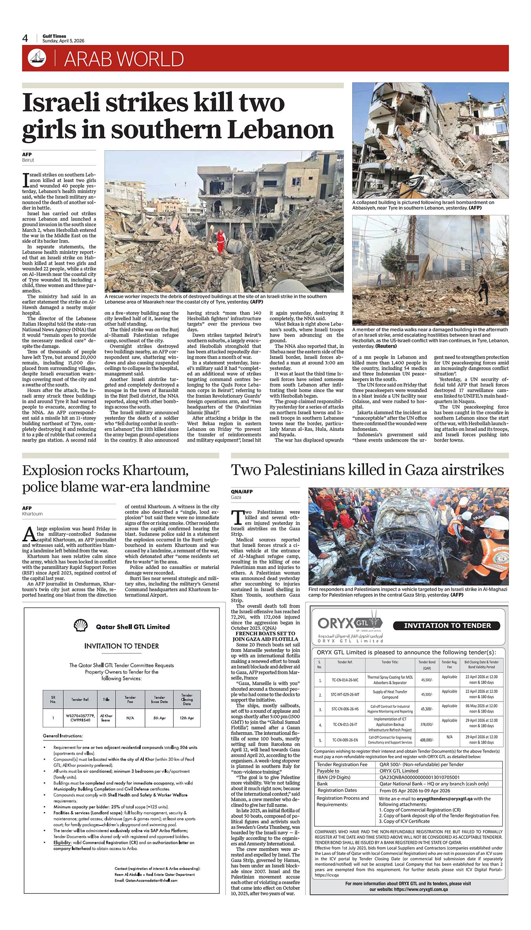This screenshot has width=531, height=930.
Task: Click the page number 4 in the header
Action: [25, 38]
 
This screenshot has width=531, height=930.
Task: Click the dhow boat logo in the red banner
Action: [37, 58]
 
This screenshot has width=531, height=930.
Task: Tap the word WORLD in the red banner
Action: [151, 59]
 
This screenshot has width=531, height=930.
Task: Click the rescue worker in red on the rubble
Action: [221, 239]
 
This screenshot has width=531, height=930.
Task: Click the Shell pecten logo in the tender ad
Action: [81, 625]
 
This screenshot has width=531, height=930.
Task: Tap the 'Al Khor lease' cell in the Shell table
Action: [106, 718]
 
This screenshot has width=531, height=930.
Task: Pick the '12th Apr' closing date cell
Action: [187, 718]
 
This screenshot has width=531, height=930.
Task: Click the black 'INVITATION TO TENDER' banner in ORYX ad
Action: [447, 625]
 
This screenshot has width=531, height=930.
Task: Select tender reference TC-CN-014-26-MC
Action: [345, 680]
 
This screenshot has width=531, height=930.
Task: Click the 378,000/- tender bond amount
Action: [426, 724]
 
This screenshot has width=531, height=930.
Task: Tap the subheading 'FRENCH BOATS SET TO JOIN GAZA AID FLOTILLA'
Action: [265, 636]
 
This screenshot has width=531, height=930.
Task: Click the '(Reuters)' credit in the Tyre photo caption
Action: [386, 346]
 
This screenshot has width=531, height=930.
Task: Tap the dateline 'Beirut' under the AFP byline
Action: [28, 160]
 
